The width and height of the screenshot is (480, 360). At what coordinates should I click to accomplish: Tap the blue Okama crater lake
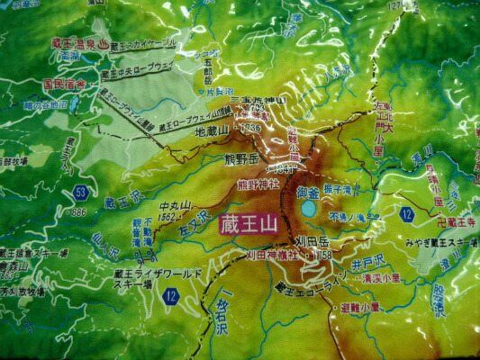pos(308,209)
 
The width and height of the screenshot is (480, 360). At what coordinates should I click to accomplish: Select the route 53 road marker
pos(81,193)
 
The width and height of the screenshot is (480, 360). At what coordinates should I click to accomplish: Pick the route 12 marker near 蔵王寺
pos(407,214)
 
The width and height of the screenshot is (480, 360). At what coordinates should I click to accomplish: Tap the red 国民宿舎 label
pos(64,84)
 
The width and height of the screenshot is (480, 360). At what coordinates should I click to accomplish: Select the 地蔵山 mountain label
pos(213,131)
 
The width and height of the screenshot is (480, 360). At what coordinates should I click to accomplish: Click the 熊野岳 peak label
pos(241,160)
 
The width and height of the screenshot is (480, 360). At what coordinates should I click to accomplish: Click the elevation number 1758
pos(322,256)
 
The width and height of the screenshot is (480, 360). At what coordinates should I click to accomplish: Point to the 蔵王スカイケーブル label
pos(144,43)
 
